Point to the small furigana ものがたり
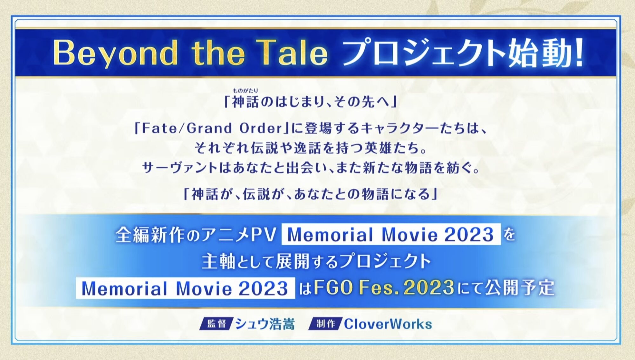(245, 91)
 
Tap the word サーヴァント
(180, 167)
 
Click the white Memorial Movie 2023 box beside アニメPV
(391, 234)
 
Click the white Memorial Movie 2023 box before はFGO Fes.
(185, 288)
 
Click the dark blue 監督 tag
(216, 324)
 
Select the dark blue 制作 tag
(325, 324)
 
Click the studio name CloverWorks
(388, 324)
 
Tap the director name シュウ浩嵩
(265, 324)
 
